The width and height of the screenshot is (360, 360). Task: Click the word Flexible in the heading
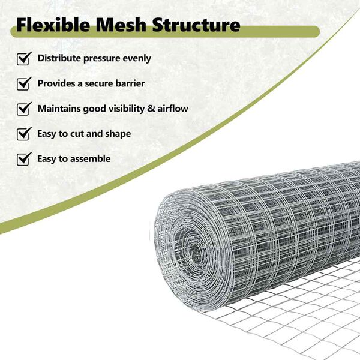53,25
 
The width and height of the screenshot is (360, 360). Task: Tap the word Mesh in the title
121,25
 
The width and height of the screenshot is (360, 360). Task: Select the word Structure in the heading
196,25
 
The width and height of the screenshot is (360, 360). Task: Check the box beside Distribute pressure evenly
24,59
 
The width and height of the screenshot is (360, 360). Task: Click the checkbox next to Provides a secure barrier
24,84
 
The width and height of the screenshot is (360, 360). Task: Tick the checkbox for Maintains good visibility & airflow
24,109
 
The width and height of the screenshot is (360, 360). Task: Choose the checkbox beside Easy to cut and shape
24,134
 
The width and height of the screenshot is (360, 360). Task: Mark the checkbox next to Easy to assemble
24,159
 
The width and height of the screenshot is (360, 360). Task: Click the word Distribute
59,58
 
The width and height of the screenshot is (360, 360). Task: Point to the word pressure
102,59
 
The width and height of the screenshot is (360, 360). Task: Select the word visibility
127,109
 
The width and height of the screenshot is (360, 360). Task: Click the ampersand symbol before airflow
151,109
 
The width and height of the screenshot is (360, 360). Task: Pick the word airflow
173,109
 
